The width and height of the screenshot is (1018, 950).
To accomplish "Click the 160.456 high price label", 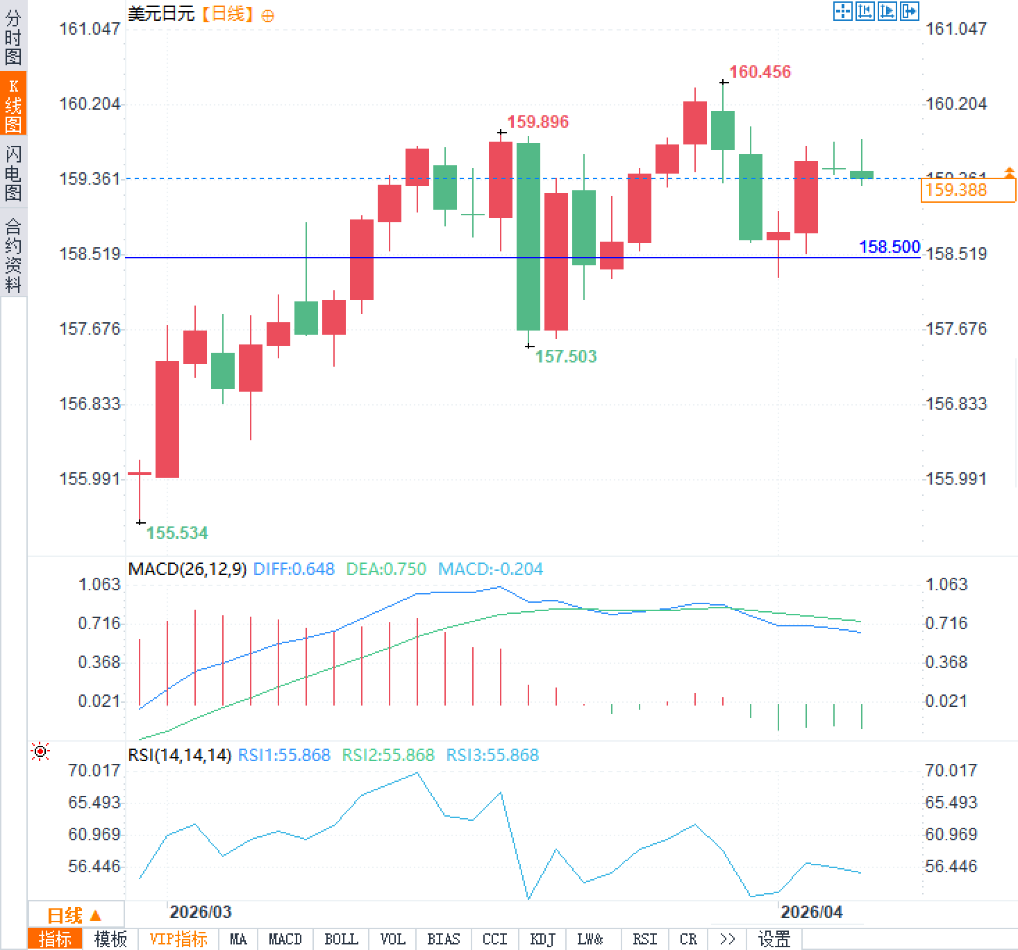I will point(760,72).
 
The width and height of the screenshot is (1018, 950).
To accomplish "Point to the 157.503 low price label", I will point(565,356).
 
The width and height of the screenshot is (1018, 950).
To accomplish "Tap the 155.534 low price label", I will point(177,533).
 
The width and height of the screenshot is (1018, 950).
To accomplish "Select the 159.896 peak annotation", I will point(537,122).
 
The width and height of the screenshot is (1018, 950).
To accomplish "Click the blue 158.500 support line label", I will point(889,247).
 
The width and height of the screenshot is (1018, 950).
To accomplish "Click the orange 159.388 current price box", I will point(967,190).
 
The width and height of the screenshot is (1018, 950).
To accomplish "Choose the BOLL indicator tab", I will point(341,940).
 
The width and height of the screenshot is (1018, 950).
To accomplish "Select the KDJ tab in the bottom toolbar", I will point(543,940).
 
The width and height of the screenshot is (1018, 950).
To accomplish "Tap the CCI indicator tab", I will point(494,940).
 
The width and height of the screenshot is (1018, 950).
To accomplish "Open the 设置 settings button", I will point(774,940).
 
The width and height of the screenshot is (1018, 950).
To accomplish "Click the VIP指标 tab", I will point(178,940).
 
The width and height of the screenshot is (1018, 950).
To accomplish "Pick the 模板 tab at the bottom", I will point(110,940).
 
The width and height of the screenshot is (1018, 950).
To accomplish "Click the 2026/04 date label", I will point(811,912).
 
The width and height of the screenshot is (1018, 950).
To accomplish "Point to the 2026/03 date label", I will point(201,912).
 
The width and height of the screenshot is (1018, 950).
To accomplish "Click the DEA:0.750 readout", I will point(386,569).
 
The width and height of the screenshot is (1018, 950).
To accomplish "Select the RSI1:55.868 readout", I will point(284,755).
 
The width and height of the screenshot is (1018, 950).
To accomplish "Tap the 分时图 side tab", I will point(13,37).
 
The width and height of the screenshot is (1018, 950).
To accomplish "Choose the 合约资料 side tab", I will point(13,255).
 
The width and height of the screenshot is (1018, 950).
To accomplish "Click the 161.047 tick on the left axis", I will point(90,28).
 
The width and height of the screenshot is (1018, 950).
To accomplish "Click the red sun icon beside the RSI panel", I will point(40,751).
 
